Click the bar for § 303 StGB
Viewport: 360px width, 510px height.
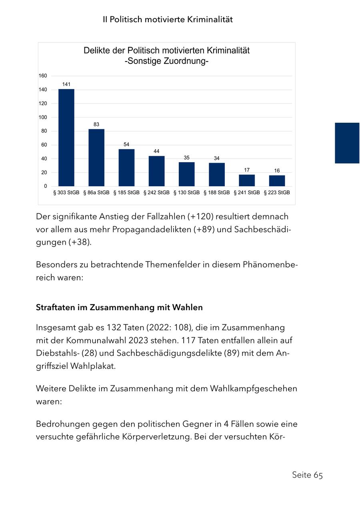pos(66,137)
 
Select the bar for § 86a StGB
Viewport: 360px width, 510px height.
pos(96,157)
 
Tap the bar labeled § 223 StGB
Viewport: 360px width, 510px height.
pos(277,181)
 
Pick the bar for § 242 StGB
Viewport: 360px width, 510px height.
pos(156,171)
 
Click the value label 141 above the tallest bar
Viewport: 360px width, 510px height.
pos(66,84)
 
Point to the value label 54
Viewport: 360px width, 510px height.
pos(126,144)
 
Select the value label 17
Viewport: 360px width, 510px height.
pos(247,170)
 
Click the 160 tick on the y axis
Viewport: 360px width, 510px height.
pos(43,76)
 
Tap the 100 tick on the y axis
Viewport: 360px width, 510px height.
pos(43,117)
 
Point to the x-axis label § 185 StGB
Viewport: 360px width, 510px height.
pos(126,193)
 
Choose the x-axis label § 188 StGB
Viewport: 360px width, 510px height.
pos(217,193)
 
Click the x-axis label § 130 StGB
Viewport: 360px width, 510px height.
pos(186,193)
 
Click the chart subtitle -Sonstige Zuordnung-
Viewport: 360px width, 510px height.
pos(166,62)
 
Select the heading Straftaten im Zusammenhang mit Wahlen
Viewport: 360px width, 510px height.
pos(119,308)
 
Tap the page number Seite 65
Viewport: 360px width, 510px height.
pos(307,475)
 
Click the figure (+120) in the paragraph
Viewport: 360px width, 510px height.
pos(200,217)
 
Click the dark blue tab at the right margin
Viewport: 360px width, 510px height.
pos(347,143)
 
